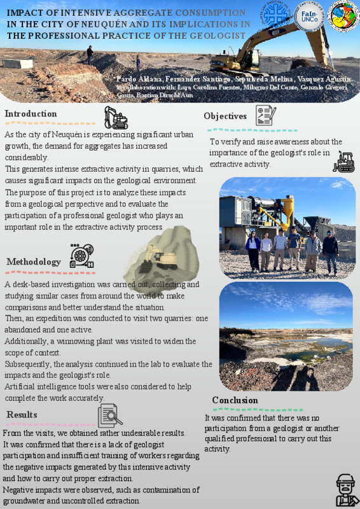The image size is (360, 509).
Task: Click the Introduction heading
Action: tap(31, 114)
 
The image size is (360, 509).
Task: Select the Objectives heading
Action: tap(225, 116)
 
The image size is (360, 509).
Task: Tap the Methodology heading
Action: tap(34, 261)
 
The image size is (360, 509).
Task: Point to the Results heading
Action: tap(22, 415)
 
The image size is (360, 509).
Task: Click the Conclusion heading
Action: tap(235, 400)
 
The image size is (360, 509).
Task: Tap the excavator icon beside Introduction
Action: tap(116, 118)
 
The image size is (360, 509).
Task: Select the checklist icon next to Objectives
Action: tap(265, 115)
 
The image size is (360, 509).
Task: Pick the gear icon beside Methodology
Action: tap(81, 256)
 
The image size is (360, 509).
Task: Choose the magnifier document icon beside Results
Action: tap(110, 415)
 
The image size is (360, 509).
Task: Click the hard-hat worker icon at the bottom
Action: tap(345, 489)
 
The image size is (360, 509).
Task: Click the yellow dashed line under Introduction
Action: tap(50, 123)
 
